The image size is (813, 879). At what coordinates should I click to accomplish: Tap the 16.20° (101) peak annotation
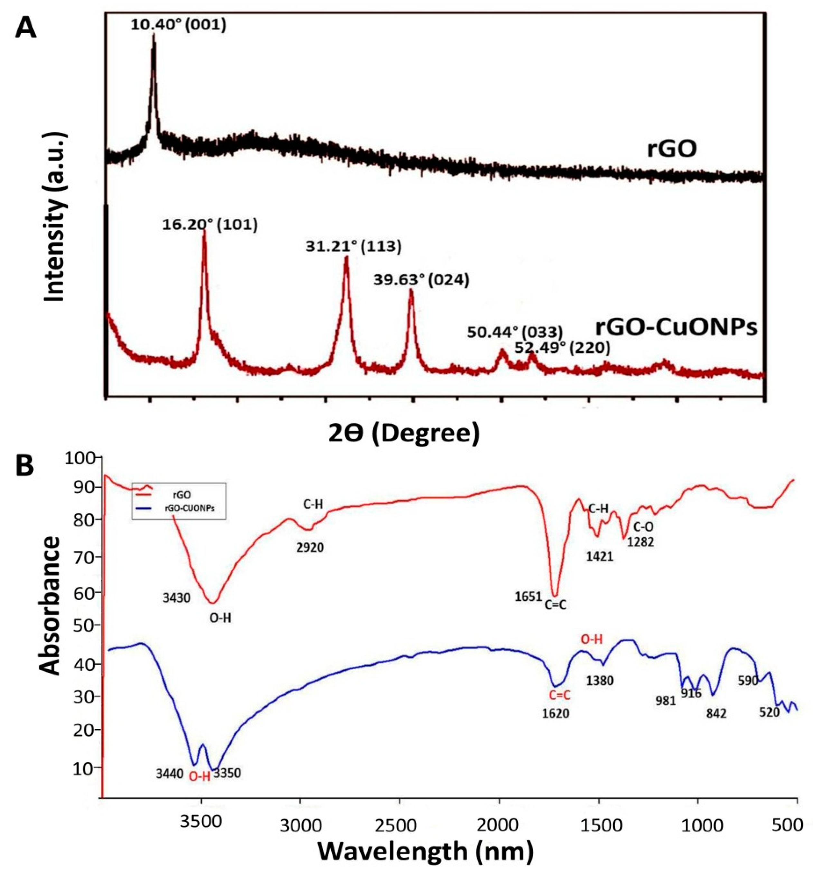[210, 225]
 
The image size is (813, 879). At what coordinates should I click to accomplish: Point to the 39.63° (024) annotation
[421, 280]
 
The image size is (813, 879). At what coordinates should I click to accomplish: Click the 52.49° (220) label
[562, 348]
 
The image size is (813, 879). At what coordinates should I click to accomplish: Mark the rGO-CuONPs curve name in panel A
[676, 328]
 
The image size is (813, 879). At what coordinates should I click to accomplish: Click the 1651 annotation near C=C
[528, 598]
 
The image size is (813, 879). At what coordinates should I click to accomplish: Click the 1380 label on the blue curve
[600, 681]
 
